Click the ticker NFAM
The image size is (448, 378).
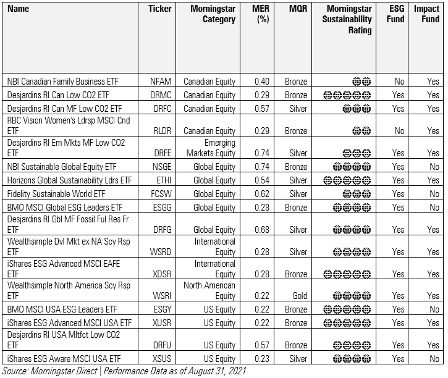click(160, 82)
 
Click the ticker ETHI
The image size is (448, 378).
click(159, 180)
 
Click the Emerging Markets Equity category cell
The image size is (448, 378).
click(211, 148)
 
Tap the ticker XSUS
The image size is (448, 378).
click(160, 358)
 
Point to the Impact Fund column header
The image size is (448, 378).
click(427, 14)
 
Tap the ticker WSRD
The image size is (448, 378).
click(160, 252)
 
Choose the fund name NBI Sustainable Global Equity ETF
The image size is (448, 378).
click(64, 167)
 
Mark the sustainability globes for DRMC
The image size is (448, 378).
click(346, 95)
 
